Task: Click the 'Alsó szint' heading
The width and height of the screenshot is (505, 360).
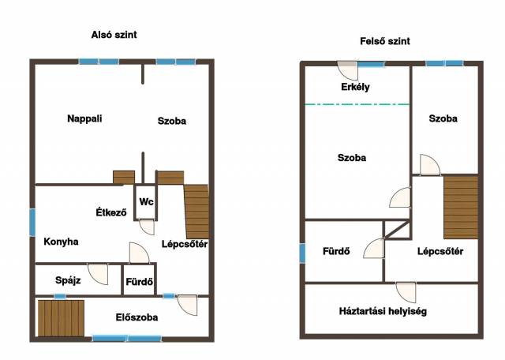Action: pyautogui.click(x=114, y=35)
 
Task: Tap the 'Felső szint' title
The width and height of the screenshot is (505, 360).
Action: pyautogui.click(x=385, y=41)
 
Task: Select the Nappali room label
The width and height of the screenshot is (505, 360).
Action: pyautogui.click(x=84, y=118)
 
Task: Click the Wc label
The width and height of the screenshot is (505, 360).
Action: pyautogui.click(x=146, y=202)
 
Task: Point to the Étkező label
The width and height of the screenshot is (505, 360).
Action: pyautogui.click(x=111, y=212)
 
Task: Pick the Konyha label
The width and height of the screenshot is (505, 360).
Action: pyautogui.click(x=61, y=242)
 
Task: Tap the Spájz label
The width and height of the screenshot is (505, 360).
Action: pyautogui.click(x=68, y=280)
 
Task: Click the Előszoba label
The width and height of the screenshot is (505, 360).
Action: pyautogui.click(x=137, y=317)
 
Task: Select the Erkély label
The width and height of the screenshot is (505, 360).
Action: pyautogui.click(x=355, y=87)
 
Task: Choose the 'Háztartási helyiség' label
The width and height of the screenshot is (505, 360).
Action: pyautogui.click(x=383, y=311)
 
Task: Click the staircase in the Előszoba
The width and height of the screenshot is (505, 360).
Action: pyautogui.click(x=61, y=318)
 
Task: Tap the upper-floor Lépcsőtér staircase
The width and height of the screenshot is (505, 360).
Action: pyautogui.click(x=461, y=207)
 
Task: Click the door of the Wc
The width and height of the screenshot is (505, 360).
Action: pyautogui.click(x=147, y=227)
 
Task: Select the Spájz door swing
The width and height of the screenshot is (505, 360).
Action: pyautogui.click(x=98, y=274)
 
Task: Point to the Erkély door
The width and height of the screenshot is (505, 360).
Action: pyautogui.click(x=347, y=70)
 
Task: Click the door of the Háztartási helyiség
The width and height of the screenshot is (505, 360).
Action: pyautogui.click(x=406, y=292)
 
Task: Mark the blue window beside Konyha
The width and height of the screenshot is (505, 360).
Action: pyautogui.click(x=32, y=223)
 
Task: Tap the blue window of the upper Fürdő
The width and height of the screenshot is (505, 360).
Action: pyautogui.click(x=302, y=253)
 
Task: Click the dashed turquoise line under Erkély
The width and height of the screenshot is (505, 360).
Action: pyautogui.click(x=357, y=104)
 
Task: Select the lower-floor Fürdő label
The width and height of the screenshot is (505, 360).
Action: pyautogui.click(x=140, y=282)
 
